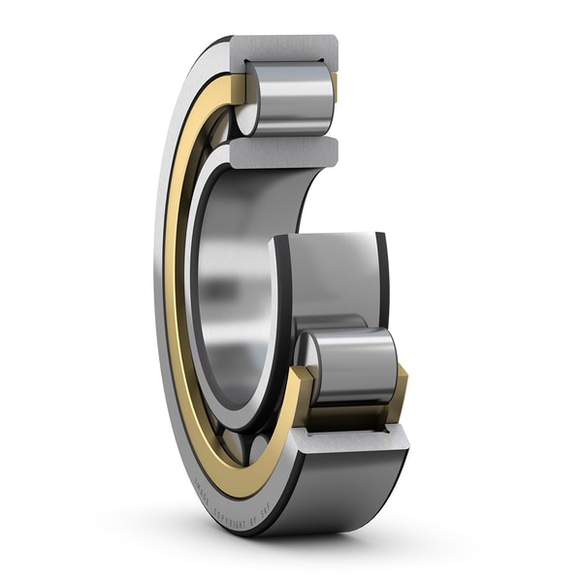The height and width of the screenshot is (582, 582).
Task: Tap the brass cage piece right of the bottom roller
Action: [x=398, y=393]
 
